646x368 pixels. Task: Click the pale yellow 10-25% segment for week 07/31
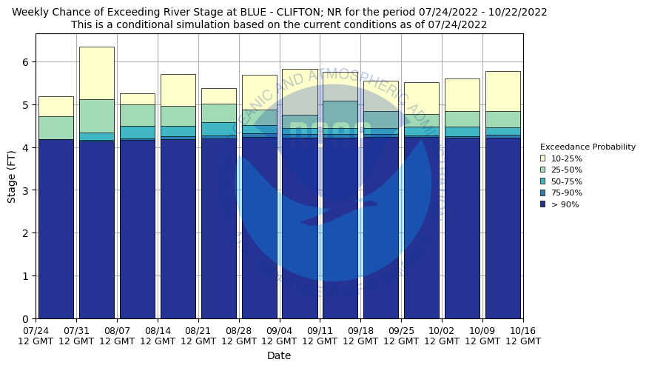[96, 73]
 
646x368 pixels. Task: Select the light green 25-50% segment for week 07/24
[55, 127]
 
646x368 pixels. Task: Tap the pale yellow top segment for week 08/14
[178, 90]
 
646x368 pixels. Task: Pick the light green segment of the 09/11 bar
[340, 114]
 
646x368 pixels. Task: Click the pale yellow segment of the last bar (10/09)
[502, 91]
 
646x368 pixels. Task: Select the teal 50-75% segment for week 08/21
[218, 129]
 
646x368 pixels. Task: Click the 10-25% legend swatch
[542, 158]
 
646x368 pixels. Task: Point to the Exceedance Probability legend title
[588, 147]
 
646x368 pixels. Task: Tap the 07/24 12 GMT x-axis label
[36, 335]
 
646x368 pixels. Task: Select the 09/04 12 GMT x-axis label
[279, 335]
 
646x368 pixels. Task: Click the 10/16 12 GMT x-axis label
[522, 335]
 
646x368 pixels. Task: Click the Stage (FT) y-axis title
[11, 176]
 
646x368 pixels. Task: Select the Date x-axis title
[279, 356]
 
